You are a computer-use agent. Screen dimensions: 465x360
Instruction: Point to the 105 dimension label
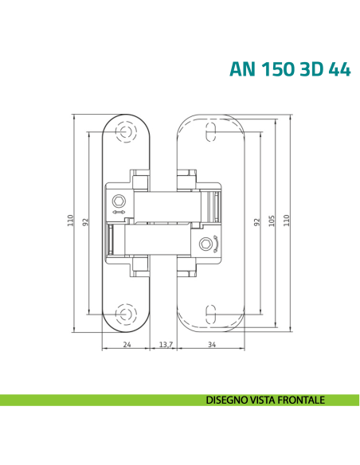click(x=272, y=220)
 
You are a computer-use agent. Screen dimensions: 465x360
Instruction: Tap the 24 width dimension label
click(x=127, y=345)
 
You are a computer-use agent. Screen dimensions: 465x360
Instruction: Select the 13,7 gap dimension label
click(x=166, y=345)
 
